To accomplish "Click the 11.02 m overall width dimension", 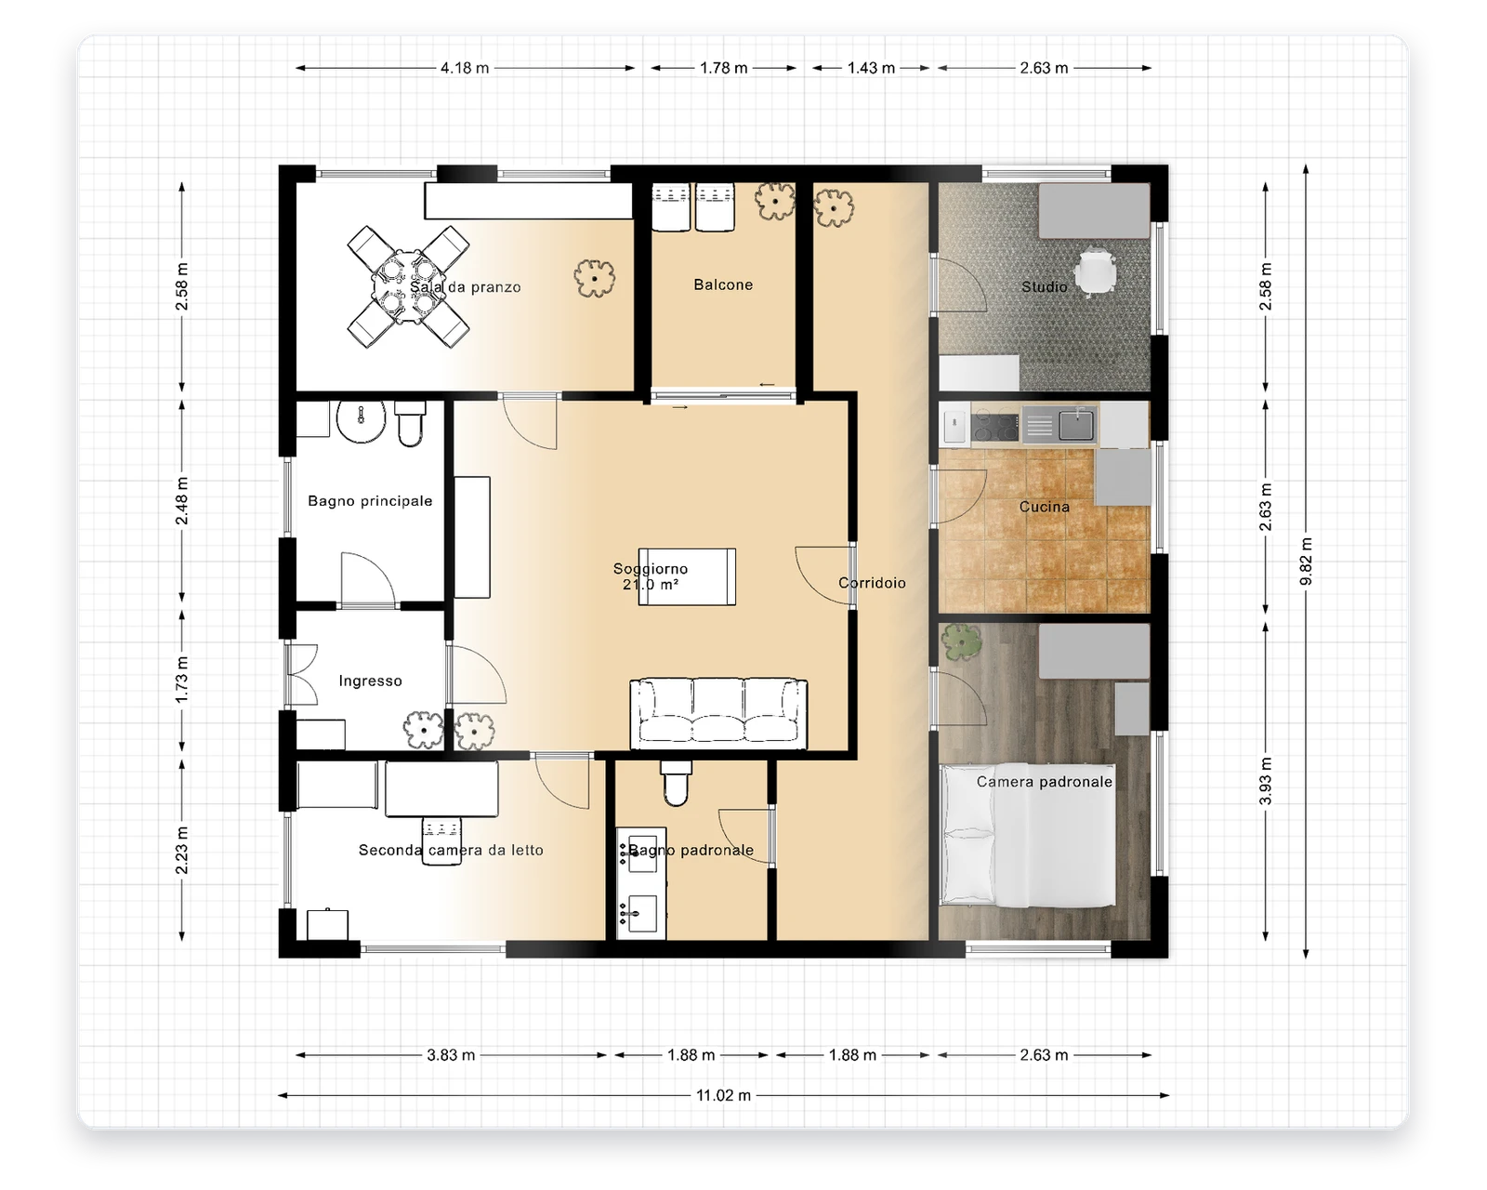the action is [x=723, y=1095].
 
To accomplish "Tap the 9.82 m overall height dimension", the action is [x=1305, y=561].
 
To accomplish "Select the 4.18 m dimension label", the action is [x=465, y=68].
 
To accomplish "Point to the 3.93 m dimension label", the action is [x=1265, y=781].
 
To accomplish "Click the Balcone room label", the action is [x=723, y=284].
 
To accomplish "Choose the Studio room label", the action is [x=1044, y=286].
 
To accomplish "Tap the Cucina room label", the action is [x=1044, y=507].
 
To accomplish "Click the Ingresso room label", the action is [x=370, y=681].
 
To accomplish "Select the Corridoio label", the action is [x=872, y=583].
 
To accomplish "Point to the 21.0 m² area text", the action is [x=650, y=585].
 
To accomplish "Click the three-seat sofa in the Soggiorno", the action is [x=718, y=714].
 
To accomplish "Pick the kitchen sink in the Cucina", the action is [x=1076, y=425].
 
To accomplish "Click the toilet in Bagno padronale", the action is [x=676, y=784].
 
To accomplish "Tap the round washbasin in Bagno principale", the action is [x=361, y=421].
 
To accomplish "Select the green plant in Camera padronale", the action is [x=961, y=641].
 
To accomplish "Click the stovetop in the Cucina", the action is [x=994, y=426].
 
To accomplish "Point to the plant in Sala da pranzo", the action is [x=594, y=279].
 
